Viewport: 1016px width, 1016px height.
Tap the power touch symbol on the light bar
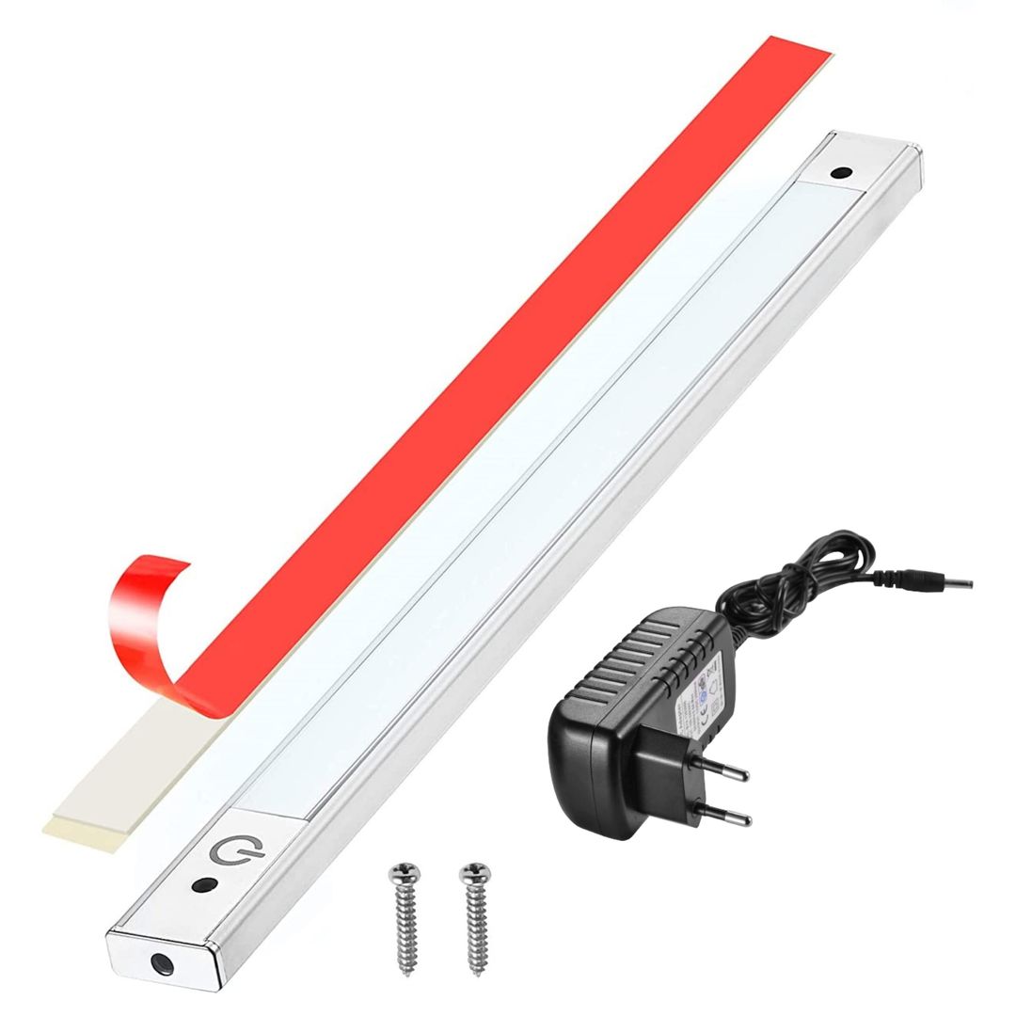[227, 851]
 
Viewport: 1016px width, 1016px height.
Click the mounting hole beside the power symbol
[202, 885]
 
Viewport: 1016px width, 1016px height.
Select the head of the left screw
[405, 873]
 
